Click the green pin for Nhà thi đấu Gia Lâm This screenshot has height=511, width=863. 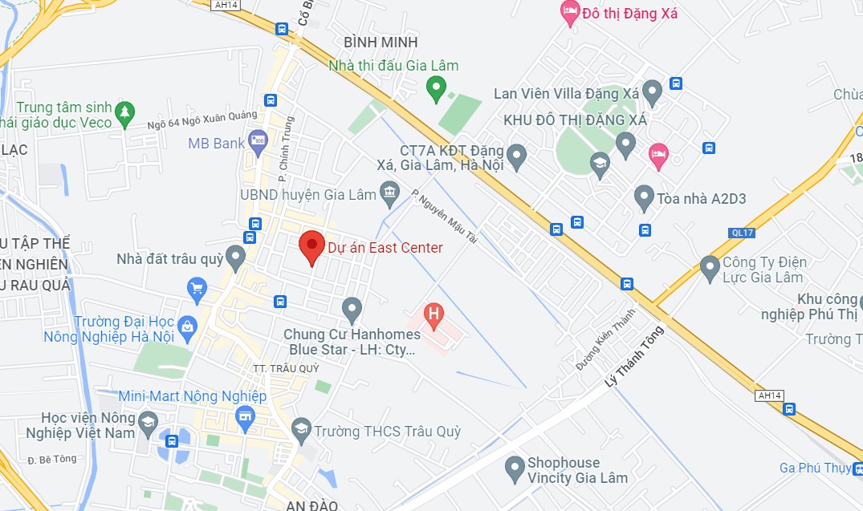pos(436,87)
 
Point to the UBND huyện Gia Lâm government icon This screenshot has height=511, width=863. pos(390,191)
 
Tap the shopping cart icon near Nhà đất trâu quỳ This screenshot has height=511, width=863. pos(197,287)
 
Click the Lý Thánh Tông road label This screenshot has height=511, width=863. pos(633,358)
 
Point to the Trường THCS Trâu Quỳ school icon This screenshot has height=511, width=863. pos(301,429)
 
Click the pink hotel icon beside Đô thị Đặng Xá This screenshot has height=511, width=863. pos(568,11)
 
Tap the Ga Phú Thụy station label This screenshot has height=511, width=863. pos(815,468)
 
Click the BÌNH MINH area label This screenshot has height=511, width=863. pos(381,41)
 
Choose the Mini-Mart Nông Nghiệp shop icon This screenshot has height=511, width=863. pos(245,416)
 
